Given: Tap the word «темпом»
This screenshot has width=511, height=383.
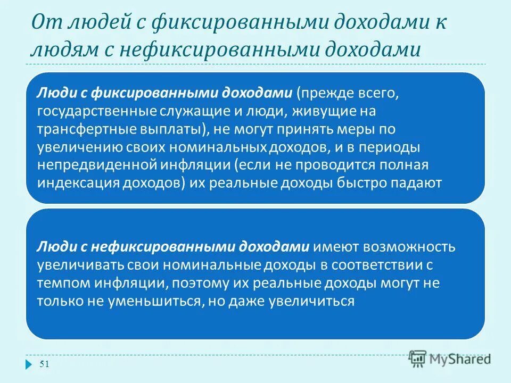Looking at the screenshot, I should [x=59, y=284].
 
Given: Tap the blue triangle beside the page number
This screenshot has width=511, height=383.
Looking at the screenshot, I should [x=28, y=364].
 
